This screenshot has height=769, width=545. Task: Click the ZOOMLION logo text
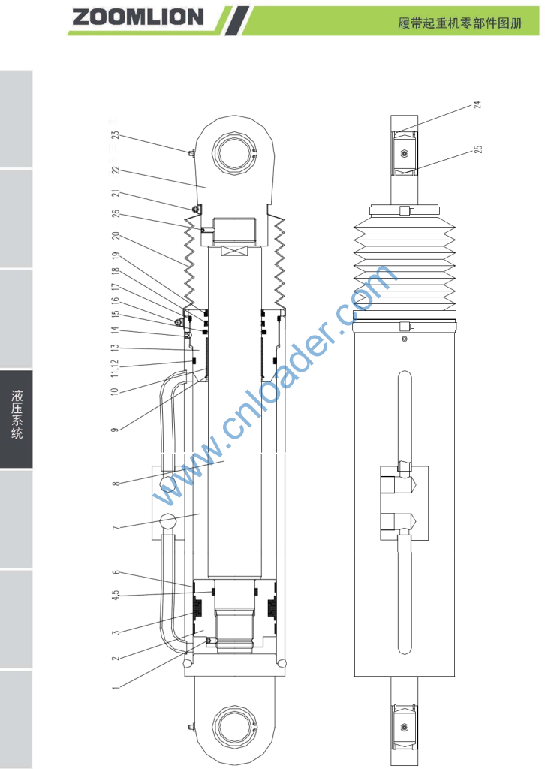[x=137, y=17]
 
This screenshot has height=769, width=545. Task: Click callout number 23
[x=115, y=134]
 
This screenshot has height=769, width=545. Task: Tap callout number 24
[x=477, y=104]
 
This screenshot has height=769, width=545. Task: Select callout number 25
[x=478, y=149]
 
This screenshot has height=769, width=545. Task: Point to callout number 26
[x=116, y=214]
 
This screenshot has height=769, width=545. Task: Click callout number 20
[x=116, y=236]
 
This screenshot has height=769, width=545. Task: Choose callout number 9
[x=115, y=430]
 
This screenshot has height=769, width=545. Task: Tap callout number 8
[x=116, y=484]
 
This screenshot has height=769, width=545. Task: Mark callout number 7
[x=116, y=528]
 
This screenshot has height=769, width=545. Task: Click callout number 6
[x=116, y=572]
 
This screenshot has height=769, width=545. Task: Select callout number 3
[x=116, y=632]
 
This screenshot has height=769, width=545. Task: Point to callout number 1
[x=116, y=688]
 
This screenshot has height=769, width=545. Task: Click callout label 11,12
[x=115, y=368]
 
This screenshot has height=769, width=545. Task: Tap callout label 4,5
[x=115, y=596]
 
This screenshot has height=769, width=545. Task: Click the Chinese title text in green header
[x=459, y=23]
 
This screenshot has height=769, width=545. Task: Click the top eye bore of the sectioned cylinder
[x=233, y=153]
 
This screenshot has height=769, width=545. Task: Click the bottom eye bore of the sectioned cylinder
[x=233, y=726]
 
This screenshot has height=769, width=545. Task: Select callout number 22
[x=116, y=170]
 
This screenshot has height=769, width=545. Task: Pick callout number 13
[x=115, y=348]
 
